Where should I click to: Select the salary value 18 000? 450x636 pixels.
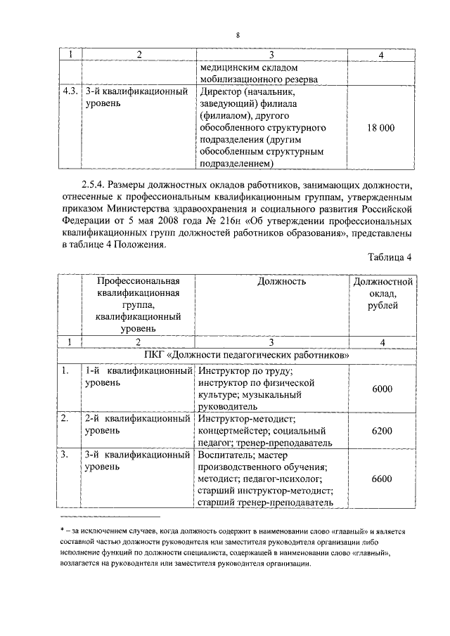tap(381, 128)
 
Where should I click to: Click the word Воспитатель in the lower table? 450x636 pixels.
tap(225, 455)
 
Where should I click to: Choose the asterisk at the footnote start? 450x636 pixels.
tap(63, 532)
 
